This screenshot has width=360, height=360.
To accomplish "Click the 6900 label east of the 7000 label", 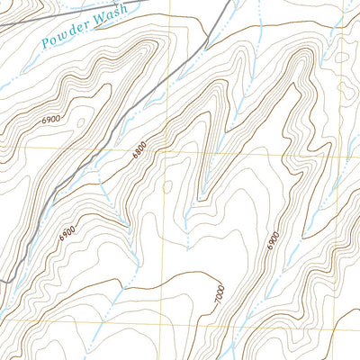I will pyautogui.click(x=274, y=240).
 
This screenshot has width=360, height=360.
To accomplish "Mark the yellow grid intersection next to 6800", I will pyautogui.click(x=162, y=151).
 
